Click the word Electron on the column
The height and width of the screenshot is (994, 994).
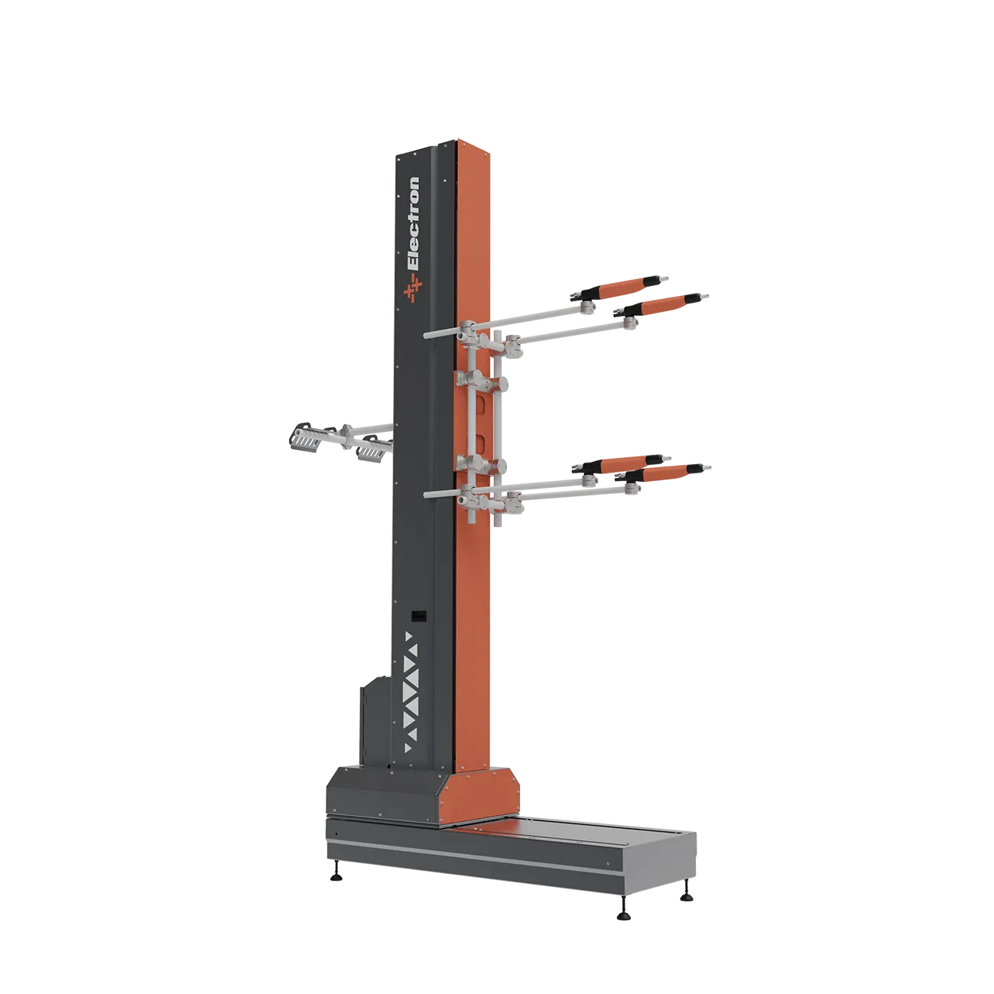413,223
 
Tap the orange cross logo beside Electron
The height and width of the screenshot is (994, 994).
413,287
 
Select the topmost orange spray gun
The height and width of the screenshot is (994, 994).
619,287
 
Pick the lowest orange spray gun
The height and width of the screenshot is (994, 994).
664,473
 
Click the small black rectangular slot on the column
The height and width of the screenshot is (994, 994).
418,616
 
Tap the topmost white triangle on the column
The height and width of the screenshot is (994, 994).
408,636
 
